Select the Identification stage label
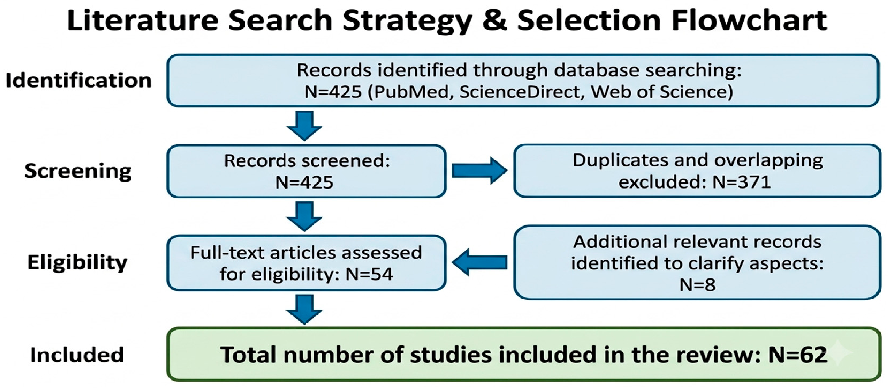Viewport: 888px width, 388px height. (x=79, y=80)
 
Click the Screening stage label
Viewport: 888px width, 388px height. (x=78, y=171)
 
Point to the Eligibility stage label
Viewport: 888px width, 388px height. (x=78, y=262)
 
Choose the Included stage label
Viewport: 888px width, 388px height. (x=77, y=355)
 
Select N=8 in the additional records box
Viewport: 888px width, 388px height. (x=697, y=285)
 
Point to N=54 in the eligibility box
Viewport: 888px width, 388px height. (x=369, y=274)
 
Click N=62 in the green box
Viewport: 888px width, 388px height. (x=797, y=355)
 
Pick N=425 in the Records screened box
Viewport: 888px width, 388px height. (x=304, y=182)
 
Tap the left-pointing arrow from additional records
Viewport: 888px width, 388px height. (x=479, y=262)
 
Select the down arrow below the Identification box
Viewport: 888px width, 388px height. (x=304, y=126)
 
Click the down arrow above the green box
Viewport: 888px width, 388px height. (x=304, y=309)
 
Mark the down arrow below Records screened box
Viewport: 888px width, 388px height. (x=304, y=217)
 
